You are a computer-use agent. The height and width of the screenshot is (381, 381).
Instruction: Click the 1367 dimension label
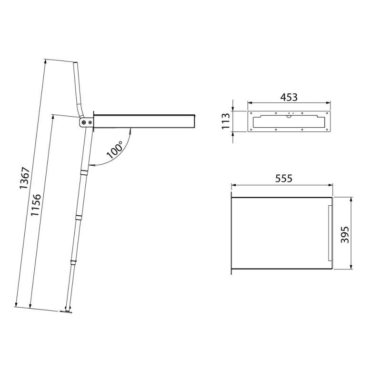(x=25, y=178)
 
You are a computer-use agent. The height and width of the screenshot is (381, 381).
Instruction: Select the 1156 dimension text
(x=35, y=205)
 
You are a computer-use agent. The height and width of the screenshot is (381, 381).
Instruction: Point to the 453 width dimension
(x=289, y=97)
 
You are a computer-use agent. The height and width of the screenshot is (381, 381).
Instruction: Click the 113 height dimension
(x=226, y=121)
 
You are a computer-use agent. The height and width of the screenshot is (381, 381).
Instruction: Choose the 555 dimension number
(x=283, y=178)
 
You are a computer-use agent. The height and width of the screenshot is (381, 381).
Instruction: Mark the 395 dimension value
(x=345, y=234)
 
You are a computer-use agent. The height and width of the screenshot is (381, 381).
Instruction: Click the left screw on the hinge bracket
(x=84, y=122)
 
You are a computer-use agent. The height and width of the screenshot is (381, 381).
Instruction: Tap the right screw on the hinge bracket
(x=90, y=122)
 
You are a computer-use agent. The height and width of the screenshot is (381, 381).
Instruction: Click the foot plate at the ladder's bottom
(x=66, y=311)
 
